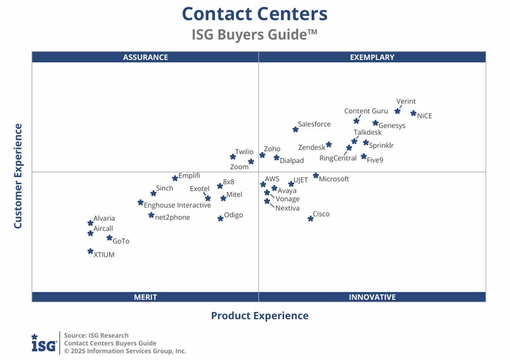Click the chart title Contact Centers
coord(254,13)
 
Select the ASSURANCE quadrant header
coord(145,58)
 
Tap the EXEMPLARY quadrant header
coord(372,58)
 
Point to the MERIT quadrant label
coord(145,297)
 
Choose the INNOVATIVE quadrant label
coord(372,297)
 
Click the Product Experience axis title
coord(259,316)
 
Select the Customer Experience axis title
coord(18,176)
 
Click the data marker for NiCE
coord(413,113)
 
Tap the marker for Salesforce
coord(295,129)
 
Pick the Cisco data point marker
coord(311,218)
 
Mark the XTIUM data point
coord(90,251)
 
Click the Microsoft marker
coord(316,176)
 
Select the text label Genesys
coord(392,126)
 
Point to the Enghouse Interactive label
coord(178,205)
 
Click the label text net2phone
coord(173,217)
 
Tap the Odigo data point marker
coord(220,218)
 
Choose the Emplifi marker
coord(175,178)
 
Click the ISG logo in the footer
coord(44,343)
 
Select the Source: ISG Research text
coord(96,335)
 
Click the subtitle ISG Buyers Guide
coord(254,35)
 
